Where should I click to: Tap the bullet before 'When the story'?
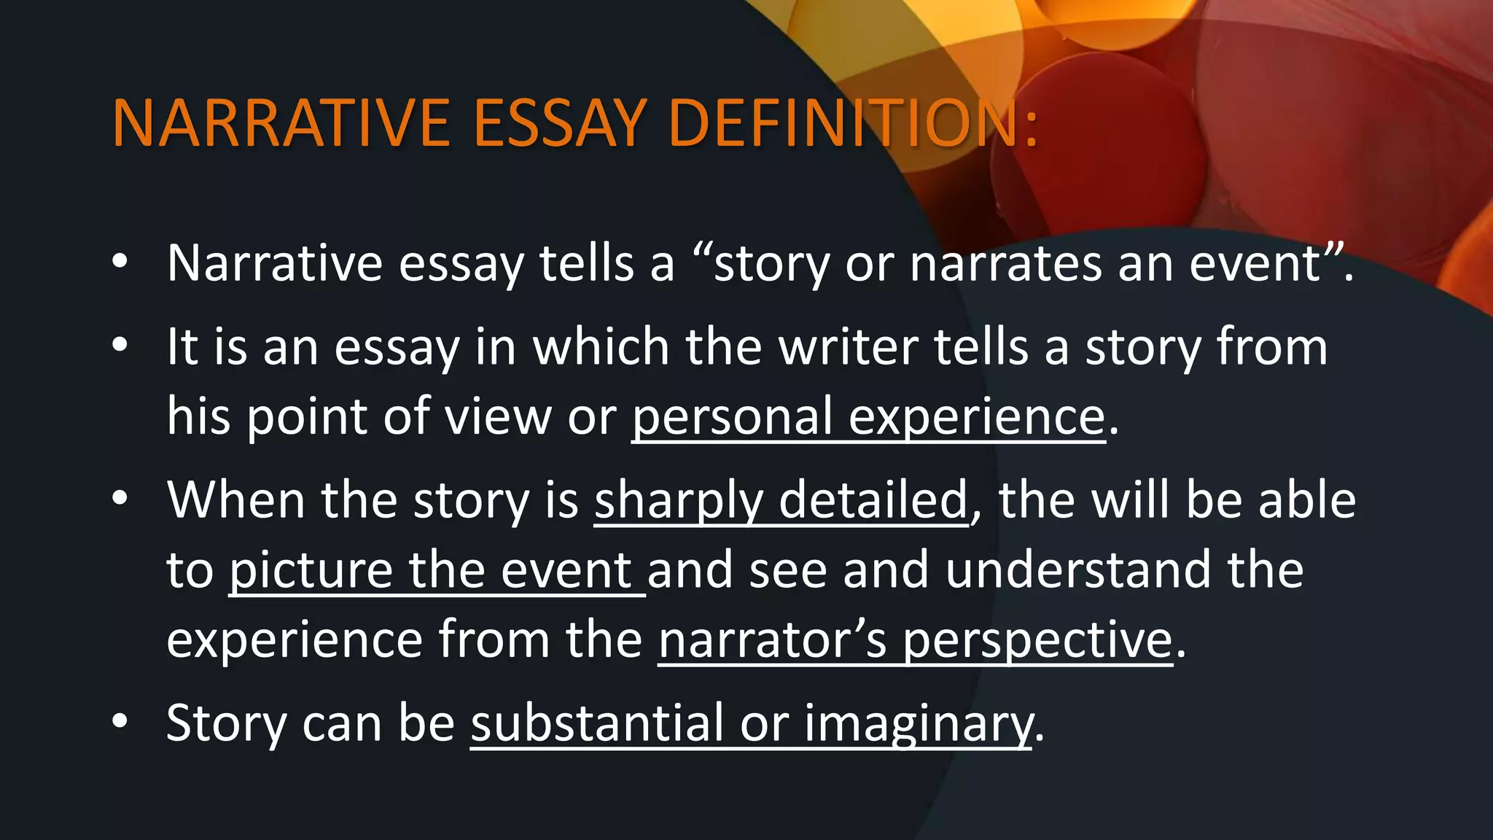point(120,498)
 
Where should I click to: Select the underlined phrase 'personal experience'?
point(868,417)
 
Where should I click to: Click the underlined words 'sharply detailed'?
point(781,501)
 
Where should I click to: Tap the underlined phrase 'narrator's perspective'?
point(916,640)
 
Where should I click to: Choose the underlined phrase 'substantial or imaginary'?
point(752,723)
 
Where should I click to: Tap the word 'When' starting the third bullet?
point(235,501)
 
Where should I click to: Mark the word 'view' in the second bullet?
point(497,417)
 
